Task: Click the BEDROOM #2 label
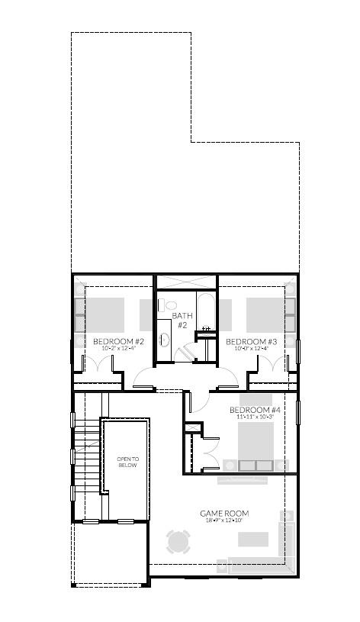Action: click(118, 341)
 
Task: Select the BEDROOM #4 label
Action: click(251, 410)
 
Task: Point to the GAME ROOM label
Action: click(224, 514)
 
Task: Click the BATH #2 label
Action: click(182, 320)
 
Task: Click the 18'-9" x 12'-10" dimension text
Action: click(224, 521)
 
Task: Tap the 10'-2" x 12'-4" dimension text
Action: click(118, 349)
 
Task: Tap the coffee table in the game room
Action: click(252, 540)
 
